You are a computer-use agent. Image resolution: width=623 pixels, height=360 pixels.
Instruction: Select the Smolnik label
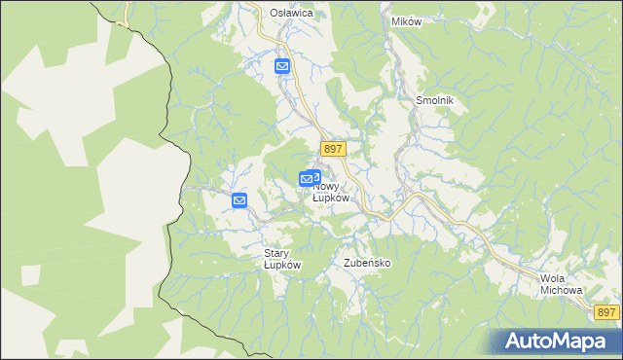point(435,100)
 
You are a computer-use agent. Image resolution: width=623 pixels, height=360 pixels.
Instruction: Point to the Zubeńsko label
point(367,264)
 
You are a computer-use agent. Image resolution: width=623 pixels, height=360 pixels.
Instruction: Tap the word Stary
point(277,253)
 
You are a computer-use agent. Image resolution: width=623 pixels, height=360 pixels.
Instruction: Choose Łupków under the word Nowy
point(331,198)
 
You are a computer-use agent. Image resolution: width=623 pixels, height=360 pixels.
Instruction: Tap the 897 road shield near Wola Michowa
point(605,311)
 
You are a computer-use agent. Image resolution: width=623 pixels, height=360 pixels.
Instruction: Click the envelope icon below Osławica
point(281,66)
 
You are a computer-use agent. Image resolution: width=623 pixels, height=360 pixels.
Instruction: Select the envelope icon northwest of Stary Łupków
point(239,200)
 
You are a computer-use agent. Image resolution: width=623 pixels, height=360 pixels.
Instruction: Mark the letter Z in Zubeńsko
point(348,264)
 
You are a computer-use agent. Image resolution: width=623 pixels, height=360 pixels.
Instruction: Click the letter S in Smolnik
point(420,100)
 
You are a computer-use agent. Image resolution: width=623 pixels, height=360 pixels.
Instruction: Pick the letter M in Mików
point(393,20)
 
